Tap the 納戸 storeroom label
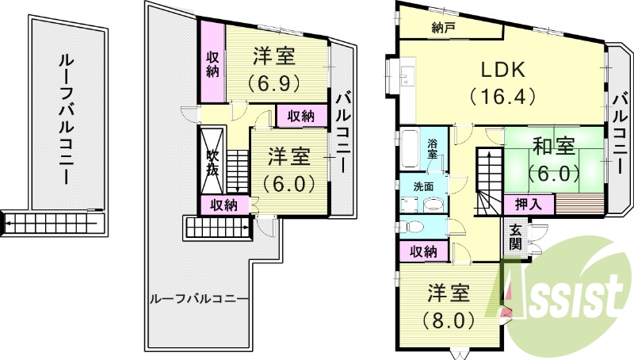(x=444, y=28)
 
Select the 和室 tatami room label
(x=553, y=147)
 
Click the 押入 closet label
(x=529, y=204)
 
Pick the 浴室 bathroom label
(x=433, y=149)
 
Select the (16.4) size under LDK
(x=502, y=97)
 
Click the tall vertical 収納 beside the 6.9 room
(x=212, y=63)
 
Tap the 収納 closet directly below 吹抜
(x=223, y=205)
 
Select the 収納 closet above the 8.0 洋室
(x=423, y=252)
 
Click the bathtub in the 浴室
(x=411, y=149)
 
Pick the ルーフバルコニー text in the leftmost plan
(x=67, y=119)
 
